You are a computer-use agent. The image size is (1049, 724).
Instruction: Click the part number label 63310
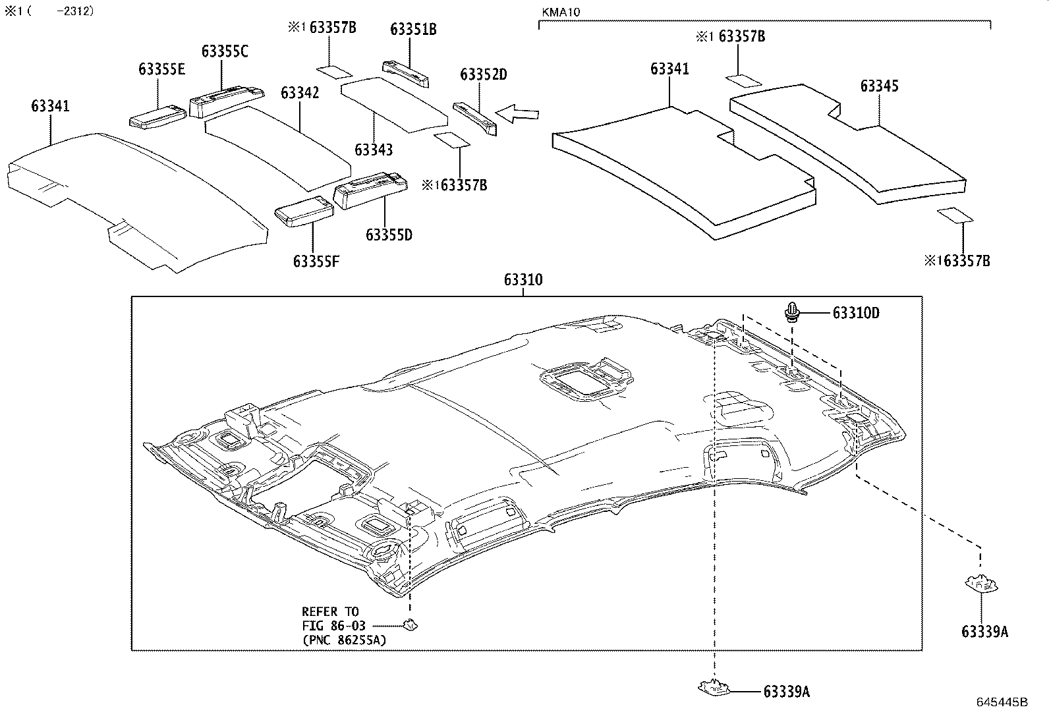coord(523,280)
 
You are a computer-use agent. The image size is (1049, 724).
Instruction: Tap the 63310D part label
coord(855,313)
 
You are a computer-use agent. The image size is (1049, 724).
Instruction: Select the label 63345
coord(879,86)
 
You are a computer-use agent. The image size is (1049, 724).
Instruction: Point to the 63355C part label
coord(225,51)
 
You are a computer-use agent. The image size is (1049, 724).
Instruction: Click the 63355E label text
coord(161,69)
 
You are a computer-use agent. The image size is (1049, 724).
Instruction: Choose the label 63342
coord(300,92)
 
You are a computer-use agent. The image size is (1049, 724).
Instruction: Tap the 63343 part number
coord(374,150)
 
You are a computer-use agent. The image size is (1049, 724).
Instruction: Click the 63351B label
coord(413,29)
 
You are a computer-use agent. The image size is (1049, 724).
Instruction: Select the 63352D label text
coord(484,74)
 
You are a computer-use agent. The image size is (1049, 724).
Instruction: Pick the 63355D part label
coord(389,235)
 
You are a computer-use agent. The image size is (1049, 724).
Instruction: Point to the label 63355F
coord(316,262)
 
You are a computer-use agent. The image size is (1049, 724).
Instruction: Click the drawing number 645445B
coord(1002,702)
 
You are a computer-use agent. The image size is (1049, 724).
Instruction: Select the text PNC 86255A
coord(344,640)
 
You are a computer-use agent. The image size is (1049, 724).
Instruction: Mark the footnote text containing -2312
coord(49,11)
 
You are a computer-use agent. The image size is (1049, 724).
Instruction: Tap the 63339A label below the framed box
coord(786,692)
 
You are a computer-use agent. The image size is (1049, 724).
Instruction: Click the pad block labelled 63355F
coord(304,210)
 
